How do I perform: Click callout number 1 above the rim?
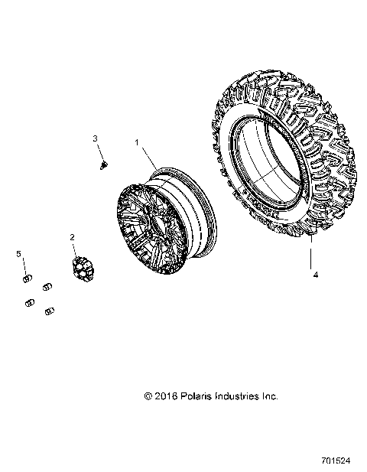(137, 142)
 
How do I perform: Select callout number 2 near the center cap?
(72, 237)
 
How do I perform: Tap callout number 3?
(96, 138)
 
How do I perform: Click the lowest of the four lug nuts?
(50, 311)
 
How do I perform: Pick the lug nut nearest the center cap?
(48, 286)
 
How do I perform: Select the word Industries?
(239, 396)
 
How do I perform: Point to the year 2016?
(167, 396)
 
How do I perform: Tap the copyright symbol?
(148, 396)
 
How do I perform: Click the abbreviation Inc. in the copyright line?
(270, 396)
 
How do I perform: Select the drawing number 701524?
(337, 463)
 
